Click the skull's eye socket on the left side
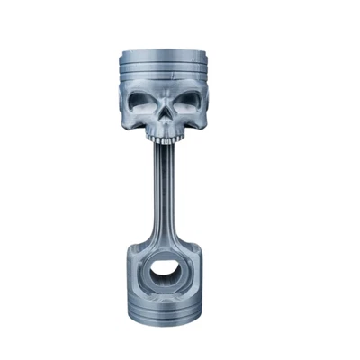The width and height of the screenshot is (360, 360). pos(147,105)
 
